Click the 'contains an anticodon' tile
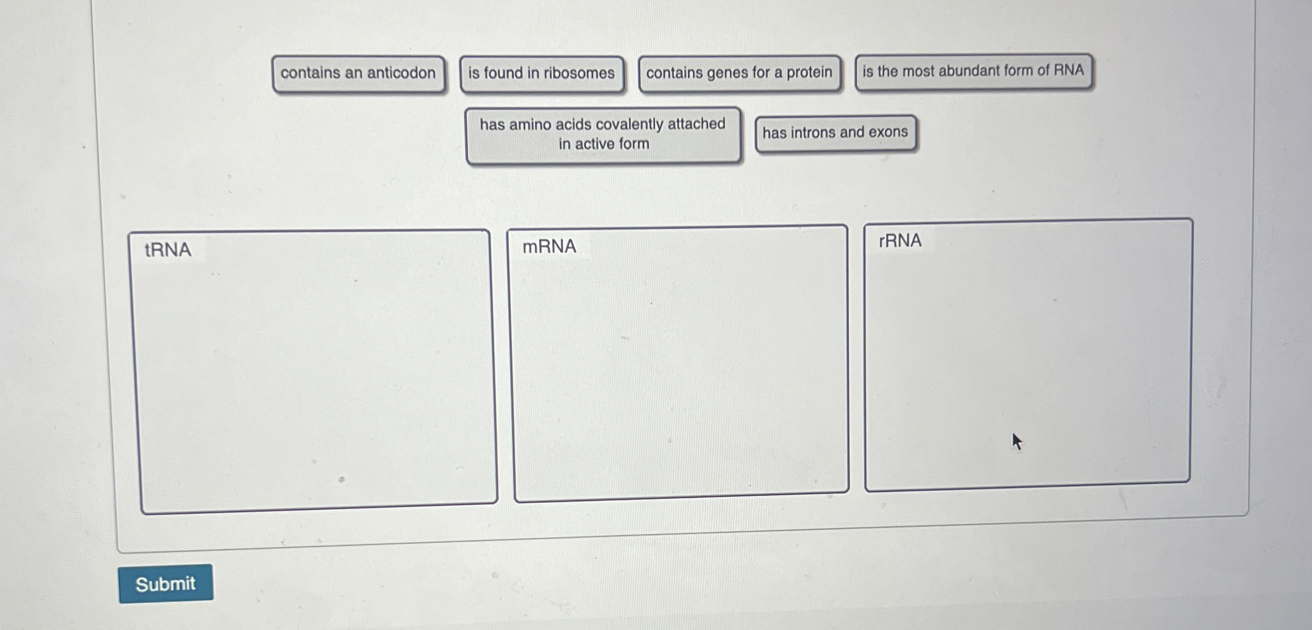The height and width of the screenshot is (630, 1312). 358,73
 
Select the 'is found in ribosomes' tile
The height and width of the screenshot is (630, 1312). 541,73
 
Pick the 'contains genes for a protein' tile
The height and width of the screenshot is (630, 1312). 739,73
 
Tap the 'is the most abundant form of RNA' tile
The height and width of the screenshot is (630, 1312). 973,71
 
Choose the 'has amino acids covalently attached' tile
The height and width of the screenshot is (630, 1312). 603,134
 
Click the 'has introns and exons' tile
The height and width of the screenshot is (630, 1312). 835,133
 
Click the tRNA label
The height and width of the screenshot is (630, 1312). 168,250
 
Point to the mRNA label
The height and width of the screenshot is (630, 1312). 549,247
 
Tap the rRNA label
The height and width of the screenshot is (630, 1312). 900,241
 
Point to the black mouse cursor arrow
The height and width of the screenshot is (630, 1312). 1016,441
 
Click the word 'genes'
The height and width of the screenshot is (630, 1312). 727,73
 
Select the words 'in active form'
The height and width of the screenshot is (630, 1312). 604,144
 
